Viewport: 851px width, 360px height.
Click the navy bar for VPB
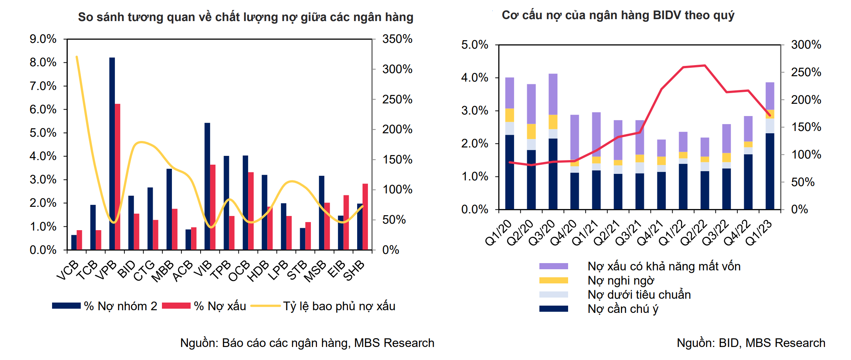(x=112, y=153)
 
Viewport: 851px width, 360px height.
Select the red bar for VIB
(x=213, y=207)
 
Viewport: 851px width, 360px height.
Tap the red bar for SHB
(x=365, y=217)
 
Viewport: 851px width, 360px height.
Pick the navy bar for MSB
(x=322, y=213)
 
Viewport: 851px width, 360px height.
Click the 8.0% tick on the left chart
(x=43, y=62)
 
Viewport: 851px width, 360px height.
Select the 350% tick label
(x=397, y=39)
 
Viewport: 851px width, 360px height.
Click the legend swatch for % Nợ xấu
(x=176, y=306)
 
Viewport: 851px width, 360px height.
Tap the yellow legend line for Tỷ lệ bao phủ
(x=266, y=306)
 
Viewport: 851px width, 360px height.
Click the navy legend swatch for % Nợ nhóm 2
(x=66, y=306)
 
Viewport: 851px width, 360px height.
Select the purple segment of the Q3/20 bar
(x=553, y=94)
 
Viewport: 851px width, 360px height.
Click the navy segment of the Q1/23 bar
(x=770, y=171)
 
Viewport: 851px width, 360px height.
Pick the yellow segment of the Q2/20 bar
(x=531, y=131)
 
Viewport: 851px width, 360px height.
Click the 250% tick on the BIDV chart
(x=806, y=72)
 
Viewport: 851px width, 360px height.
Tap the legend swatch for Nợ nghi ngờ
(x=554, y=280)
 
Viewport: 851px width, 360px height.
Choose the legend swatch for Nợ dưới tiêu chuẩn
(x=554, y=295)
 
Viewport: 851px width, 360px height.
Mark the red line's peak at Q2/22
(x=705, y=65)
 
